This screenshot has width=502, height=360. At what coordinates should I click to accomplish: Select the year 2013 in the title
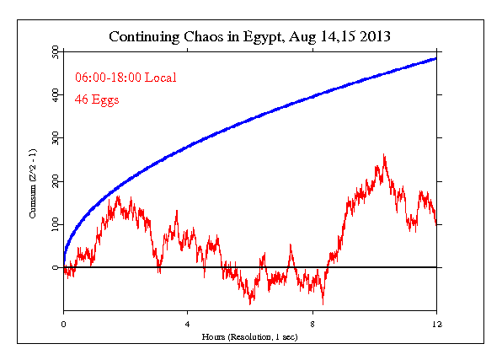pyautogui.click(x=370, y=37)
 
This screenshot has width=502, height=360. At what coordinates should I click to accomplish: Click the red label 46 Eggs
pyautogui.click(x=98, y=100)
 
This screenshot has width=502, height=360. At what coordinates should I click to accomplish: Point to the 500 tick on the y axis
pyautogui.click(x=55, y=52)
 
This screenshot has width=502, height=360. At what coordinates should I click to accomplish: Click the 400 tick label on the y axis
pyautogui.click(x=55, y=95)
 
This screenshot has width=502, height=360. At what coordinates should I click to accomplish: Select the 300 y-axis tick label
pyautogui.click(x=55, y=138)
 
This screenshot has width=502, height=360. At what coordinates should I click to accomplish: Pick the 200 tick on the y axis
pyautogui.click(x=55, y=181)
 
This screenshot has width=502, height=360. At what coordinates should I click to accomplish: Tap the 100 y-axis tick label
pyautogui.click(x=55, y=224)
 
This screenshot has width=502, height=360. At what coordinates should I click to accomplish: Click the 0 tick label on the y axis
pyautogui.click(x=55, y=267)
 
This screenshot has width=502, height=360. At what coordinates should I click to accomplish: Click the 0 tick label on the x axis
pyautogui.click(x=64, y=323)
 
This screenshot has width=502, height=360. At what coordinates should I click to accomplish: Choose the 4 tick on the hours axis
pyautogui.click(x=188, y=323)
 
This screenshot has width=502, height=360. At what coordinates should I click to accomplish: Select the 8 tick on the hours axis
pyautogui.click(x=312, y=323)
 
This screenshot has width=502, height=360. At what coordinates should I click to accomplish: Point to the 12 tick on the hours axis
pyautogui.click(x=436, y=323)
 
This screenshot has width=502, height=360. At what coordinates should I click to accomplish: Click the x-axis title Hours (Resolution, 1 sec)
pyautogui.click(x=250, y=336)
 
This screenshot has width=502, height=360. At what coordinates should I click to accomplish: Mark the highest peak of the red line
pyautogui.click(x=384, y=155)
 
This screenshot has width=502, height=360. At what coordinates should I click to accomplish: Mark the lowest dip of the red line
pyautogui.click(x=323, y=303)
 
